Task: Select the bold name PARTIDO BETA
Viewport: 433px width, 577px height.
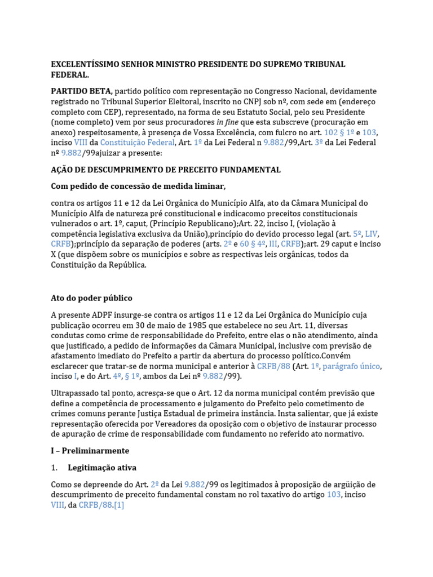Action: click(82, 91)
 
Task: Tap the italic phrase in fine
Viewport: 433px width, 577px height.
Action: click(227, 122)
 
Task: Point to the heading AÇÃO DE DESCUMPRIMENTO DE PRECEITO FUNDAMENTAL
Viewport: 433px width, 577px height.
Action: click(166, 170)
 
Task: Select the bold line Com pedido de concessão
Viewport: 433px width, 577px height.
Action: click(138, 187)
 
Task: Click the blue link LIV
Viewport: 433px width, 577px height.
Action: click(372, 234)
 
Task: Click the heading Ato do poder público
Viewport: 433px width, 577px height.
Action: click(91, 298)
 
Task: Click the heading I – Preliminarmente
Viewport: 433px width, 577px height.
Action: click(90, 451)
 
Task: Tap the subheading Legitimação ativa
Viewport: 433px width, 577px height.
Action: click(102, 468)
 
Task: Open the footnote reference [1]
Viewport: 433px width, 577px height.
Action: click(118, 505)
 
